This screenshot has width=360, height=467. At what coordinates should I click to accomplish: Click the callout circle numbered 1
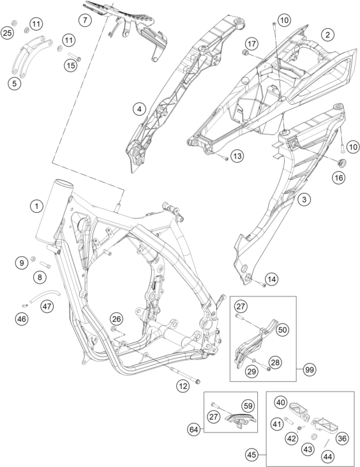pyautogui.click(x=36, y=206)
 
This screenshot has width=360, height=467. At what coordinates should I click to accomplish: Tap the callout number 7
pyautogui.click(x=85, y=20)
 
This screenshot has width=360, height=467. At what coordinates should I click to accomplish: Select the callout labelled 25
pyautogui.click(x=7, y=33)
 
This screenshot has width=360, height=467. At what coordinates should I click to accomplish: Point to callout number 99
pyautogui.click(x=310, y=370)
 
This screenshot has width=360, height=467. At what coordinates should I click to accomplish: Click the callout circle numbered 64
pyautogui.click(x=193, y=430)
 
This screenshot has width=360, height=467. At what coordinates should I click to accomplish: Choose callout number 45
pyautogui.click(x=251, y=455)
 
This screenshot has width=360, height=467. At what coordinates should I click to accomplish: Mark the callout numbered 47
pyautogui.click(x=47, y=306)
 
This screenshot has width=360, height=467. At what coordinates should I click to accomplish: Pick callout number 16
pyautogui.click(x=339, y=178)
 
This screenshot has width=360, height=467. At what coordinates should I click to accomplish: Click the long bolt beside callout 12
pyautogui.click(x=185, y=376)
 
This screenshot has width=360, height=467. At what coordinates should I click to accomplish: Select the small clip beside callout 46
pyautogui.click(x=26, y=305)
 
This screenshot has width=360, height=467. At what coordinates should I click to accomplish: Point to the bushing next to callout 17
pyautogui.click(x=246, y=53)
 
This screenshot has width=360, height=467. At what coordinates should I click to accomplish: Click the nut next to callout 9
pyautogui.click(x=33, y=258)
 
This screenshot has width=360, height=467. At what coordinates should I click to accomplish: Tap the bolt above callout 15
pyautogui.click(x=75, y=57)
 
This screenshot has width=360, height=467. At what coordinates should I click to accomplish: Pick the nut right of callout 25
pyautogui.click(x=13, y=22)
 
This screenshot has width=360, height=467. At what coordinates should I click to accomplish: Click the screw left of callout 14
pyautogui.click(x=261, y=284)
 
